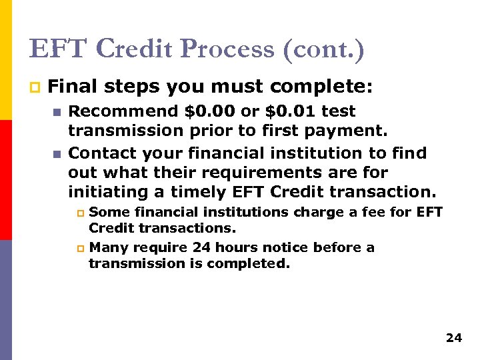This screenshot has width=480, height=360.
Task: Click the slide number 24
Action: [x=453, y=338]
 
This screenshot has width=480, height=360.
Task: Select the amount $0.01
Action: [x=285, y=111]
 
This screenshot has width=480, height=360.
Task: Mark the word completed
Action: [x=256, y=263]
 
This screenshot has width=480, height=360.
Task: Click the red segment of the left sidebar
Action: [x=5, y=180]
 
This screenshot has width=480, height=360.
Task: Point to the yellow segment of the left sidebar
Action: [x=5, y=60]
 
